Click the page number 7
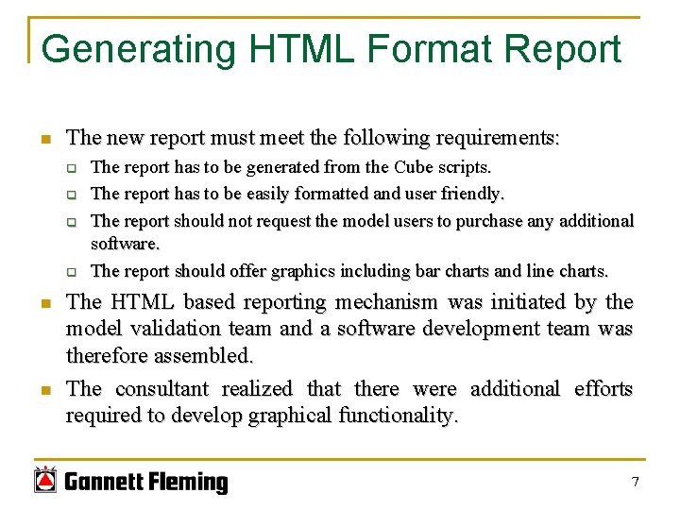tap(635, 483)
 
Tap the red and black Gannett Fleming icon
tap(45, 481)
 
